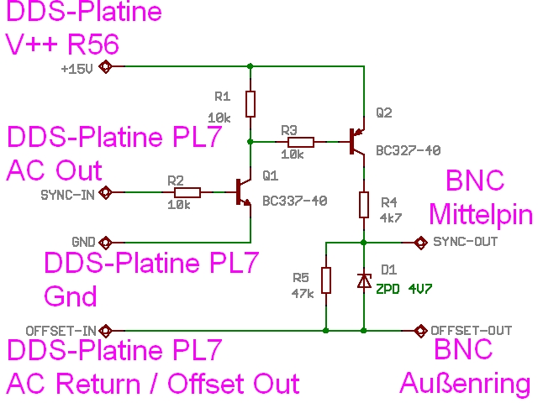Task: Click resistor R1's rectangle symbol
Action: pos(251,104)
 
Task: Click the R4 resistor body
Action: pos(364,204)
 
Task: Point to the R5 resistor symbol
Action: pos(326,280)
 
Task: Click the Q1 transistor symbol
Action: pos(244,193)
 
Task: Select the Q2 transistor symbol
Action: pos(357,142)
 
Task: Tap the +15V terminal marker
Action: pos(106,66)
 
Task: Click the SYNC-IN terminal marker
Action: pos(106,193)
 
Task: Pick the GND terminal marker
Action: pos(106,239)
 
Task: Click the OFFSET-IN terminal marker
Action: pos(106,329)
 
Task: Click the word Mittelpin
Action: pos(481,215)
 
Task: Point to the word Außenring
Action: pos(465,384)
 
